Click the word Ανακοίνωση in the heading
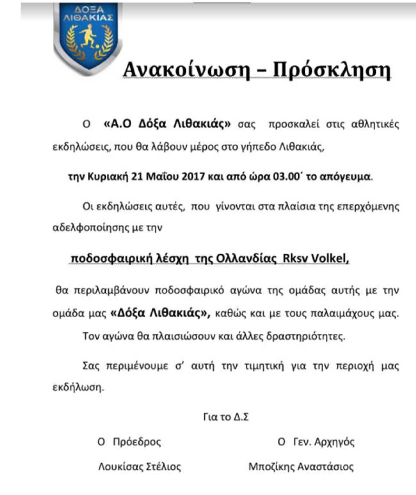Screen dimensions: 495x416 (x=186, y=70)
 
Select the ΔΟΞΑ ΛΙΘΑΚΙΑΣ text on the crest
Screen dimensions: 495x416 (x=88, y=14)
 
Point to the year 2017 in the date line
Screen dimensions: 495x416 (x=193, y=176)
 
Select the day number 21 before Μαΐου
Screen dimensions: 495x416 (x=137, y=176)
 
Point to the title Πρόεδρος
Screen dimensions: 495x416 (x=137, y=442)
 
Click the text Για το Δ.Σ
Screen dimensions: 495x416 (x=226, y=417)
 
